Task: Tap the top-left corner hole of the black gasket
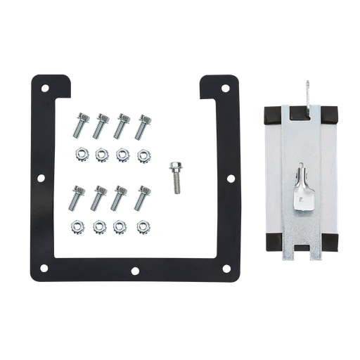45,89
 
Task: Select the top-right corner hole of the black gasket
225,89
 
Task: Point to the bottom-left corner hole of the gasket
44,268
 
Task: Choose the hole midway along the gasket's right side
230,179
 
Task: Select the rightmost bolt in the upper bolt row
143,125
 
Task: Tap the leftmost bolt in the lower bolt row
75,198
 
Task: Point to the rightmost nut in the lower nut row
143,226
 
